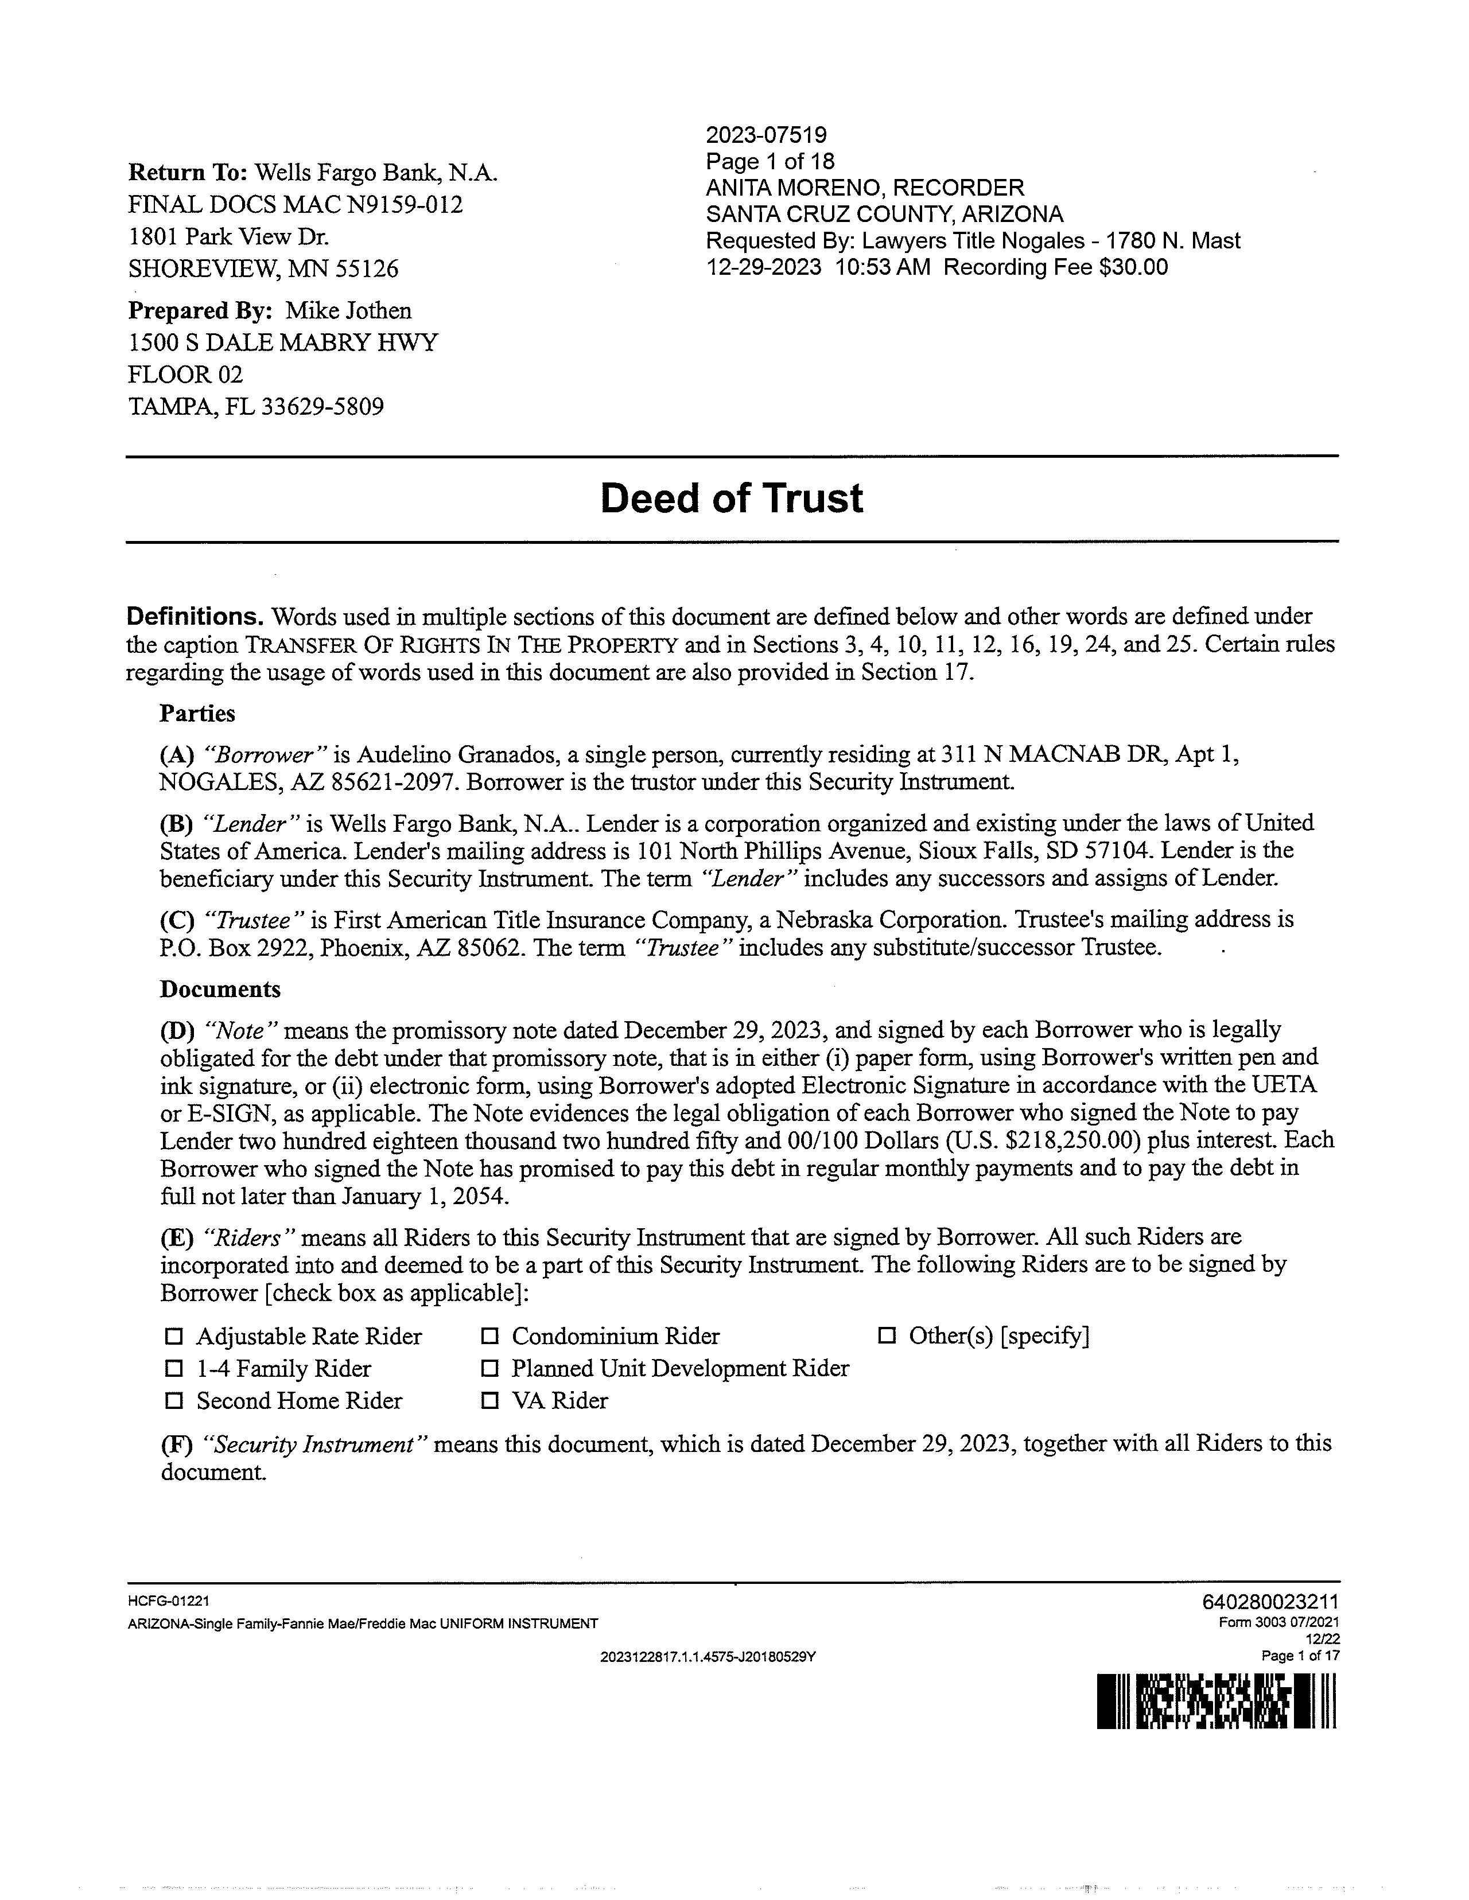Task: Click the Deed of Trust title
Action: click(x=731, y=499)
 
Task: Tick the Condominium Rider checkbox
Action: click(x=490, y=1336)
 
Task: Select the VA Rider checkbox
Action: click(x=490, y=1401)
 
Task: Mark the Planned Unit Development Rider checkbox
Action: click(x=490, y=1368)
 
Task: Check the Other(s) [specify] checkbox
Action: click(x=887, y=1336)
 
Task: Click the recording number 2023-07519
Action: click(x=766, y=135)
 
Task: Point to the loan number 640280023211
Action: click(x=1270, y=1602)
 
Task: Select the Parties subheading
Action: click(x=197, y=714)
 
